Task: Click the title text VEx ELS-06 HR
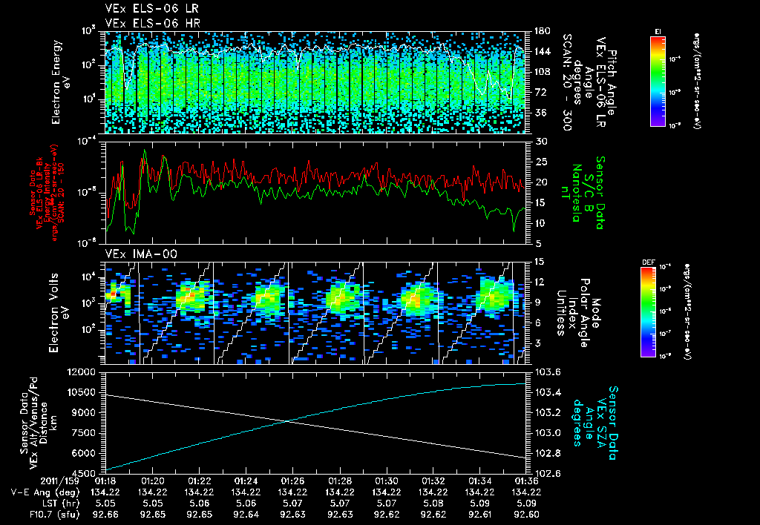[143, 23]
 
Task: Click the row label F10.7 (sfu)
[39, 512]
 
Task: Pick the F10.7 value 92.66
[105, 512]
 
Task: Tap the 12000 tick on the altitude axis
[85, 372]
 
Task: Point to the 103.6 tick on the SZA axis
[543, 372]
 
